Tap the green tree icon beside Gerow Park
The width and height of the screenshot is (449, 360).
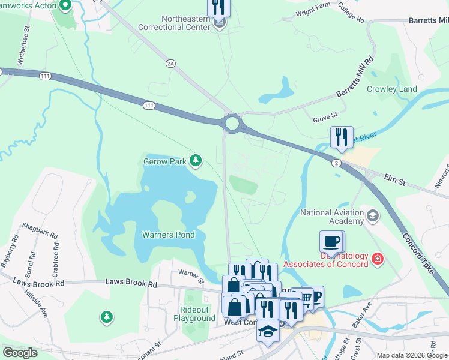195,160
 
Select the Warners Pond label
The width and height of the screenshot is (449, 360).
168,235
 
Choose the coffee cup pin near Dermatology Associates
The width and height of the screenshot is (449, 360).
331,242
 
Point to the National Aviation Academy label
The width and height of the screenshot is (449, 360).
331,217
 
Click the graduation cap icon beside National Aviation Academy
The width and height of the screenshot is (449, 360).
372,215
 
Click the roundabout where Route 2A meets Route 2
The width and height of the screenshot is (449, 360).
232,124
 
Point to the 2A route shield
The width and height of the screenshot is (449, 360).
170,62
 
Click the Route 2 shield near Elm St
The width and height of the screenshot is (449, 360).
336,163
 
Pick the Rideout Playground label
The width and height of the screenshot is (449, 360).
194,314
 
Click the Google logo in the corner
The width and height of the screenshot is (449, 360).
20,353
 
